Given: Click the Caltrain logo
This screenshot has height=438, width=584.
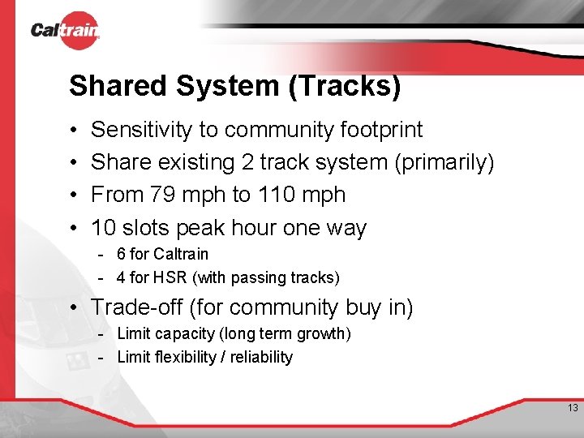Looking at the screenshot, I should tap(65, 31).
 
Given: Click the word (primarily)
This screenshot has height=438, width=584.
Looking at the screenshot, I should tap(444, 162).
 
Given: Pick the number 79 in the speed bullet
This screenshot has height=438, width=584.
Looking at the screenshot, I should tap(158, 195).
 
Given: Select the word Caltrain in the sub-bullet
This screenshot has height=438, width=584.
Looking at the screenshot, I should tap(181, 254).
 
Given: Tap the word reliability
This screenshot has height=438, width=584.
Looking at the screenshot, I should tap(260, 357).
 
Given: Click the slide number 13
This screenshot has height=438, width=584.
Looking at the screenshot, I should tap(573, 408).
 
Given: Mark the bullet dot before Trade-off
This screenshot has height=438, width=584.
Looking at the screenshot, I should tap(73, 308).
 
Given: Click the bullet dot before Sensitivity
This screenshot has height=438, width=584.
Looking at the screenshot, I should tap(73, 131).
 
